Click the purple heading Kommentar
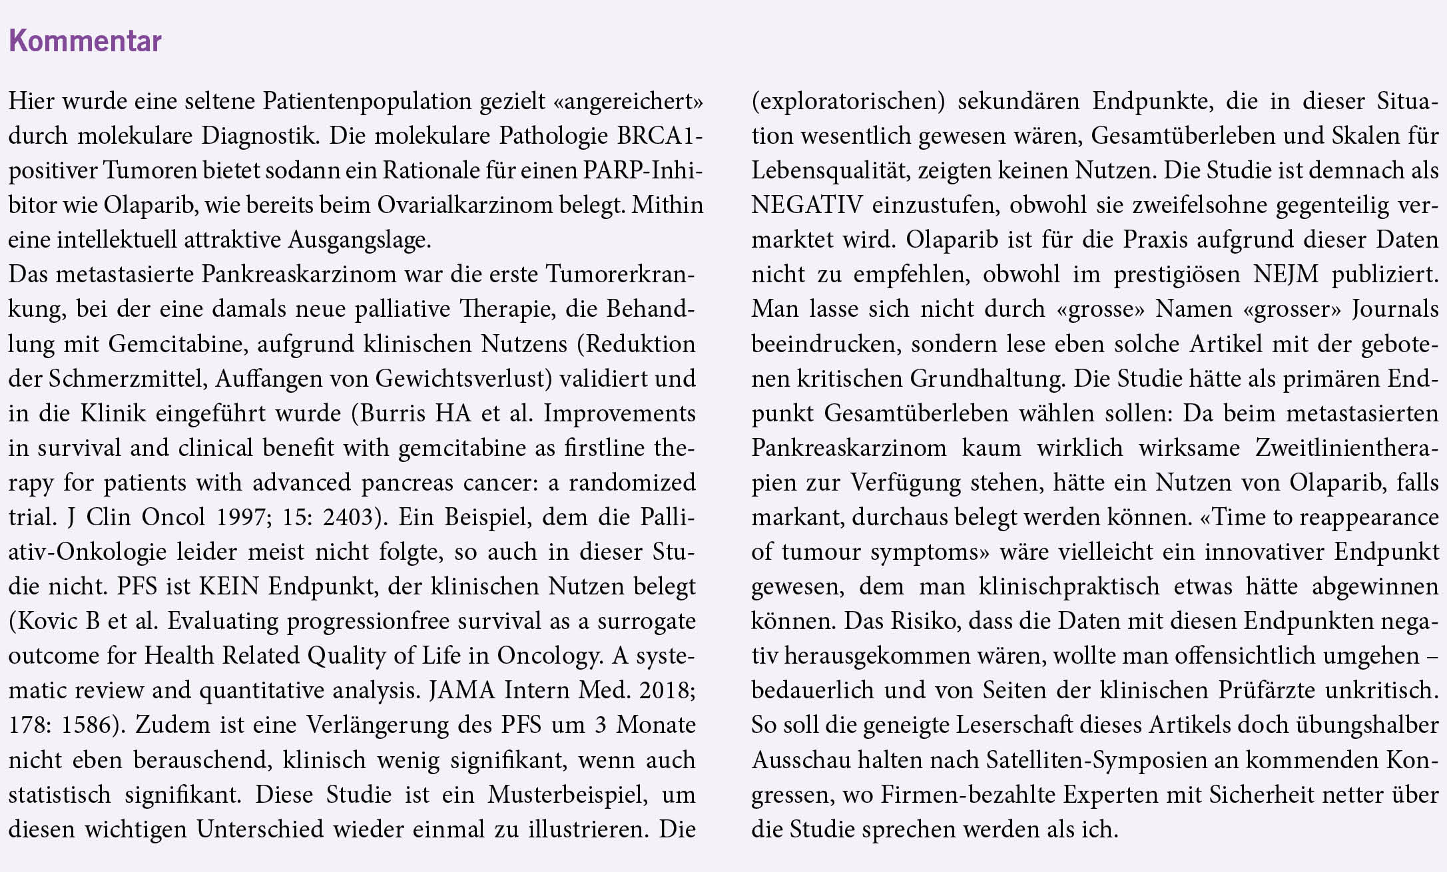pyautogui.click(x=85, y=41)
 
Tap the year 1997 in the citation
pyautogui.click(x=244, y=517)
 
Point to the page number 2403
pyautogui.click(x=348, y=517)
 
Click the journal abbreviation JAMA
pyautogui.click(x=463, y=690)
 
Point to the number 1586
pyautogui.click(x=90, y=725)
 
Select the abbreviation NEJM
pyautogui.click(x=1285, y=274)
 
